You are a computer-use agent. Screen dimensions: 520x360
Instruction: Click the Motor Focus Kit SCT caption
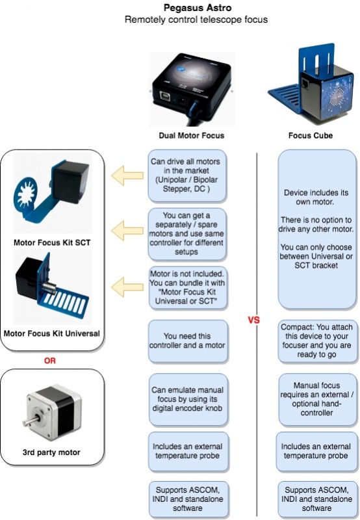click(51, 244)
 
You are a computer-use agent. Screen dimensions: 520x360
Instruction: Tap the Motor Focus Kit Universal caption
click(52, 333)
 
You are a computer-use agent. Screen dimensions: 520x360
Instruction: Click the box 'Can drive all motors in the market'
click(188, 175)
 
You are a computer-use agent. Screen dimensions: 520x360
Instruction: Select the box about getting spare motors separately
click(188, 231)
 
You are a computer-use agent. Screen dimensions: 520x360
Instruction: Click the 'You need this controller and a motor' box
click(188, 341)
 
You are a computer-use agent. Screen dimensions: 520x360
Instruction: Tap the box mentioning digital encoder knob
click(188, 397)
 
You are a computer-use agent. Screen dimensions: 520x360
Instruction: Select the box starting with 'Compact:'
click(317, 341)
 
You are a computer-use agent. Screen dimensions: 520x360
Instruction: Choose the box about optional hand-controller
click(317, 397)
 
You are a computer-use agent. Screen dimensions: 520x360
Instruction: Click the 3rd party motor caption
click(52, 453)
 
